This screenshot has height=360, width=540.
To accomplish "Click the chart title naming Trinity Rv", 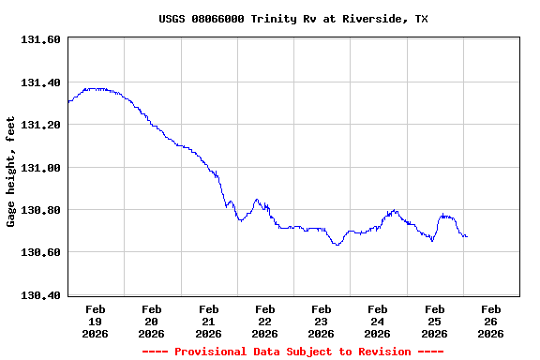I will tap(293, 19).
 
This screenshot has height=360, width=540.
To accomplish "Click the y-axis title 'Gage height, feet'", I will tap(11, 172).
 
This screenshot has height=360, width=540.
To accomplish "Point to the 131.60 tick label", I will tap(40, 40).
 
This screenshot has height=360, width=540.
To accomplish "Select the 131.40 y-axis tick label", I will tap(40, 82).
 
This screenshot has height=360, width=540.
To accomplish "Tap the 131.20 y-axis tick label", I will tap(40, 125).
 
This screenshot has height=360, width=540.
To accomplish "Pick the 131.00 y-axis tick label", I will tap(40, 168).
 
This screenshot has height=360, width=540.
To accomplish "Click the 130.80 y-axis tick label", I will tap(40, 210).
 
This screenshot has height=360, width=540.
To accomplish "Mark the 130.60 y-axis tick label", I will tap(40, 253).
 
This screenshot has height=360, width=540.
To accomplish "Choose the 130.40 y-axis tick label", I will tap(40, 295).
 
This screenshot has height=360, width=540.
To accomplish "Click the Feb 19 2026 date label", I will tap(96, 321).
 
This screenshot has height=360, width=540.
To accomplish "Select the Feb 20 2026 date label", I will tap(152, 321).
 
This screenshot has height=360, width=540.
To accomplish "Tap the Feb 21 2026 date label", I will tap(208, 321).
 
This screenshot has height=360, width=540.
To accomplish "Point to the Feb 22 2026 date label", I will tap(264, 321).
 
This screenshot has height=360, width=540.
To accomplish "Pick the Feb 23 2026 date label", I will tap(321, 321).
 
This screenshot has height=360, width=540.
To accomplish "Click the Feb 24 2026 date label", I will tap(377, 321).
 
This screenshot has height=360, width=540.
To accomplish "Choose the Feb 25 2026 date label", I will tap(434, 321).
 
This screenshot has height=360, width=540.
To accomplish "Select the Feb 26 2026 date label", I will tap(490, 321).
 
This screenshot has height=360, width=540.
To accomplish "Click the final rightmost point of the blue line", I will tap(467, 236).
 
